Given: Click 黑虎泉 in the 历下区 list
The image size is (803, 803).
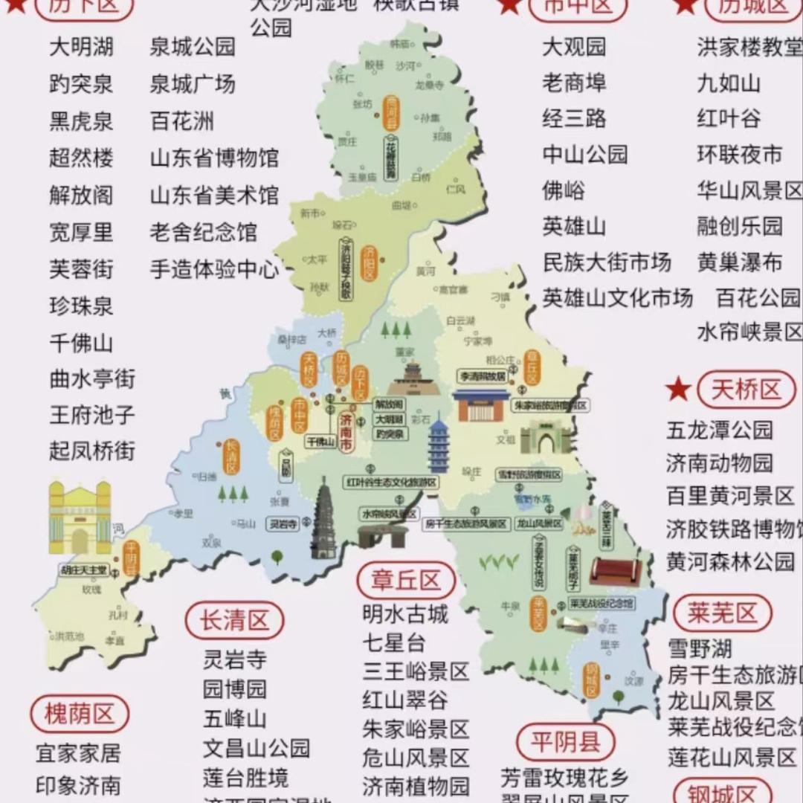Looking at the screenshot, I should pyautogui.click(x=81, y=120).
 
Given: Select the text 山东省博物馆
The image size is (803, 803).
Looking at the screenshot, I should pyautogui.click(x=214, y=158).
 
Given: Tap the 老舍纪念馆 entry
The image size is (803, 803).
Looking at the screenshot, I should pyautogui.click(x=203, y=231).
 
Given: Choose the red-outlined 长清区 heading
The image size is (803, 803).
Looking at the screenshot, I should pyautogui.click(x=234, y=621).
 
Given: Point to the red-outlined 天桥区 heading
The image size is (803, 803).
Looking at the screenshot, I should pyautogui.click(x=746, y=390).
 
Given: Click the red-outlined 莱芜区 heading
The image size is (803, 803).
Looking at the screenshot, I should pyautogui.click(x=722, y=613).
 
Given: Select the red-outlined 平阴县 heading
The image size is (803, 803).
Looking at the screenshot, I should pyautogui.click(x=566, y=741).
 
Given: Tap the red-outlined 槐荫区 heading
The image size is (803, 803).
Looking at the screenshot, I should pyautogui.click(x=79, y=715).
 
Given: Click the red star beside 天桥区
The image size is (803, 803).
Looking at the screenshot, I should pyautogui.click(x=677, y=390).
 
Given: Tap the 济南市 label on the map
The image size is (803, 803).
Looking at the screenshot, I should pyautogui.click(x=346, y=430).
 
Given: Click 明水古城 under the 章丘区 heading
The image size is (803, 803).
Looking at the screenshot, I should pyautogui.click(x=405, y=614).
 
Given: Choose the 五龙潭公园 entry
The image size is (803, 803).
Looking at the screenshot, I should pyautogui.click(x=719, y=430).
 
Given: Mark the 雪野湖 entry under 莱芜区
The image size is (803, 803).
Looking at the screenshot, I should pyautogui.click(x=699, y=648).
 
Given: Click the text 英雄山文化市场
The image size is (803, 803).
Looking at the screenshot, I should pyautogui.click(x=617, y=297).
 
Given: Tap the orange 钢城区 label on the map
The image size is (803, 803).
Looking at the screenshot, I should pyautogui.click(x=592, y=680).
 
